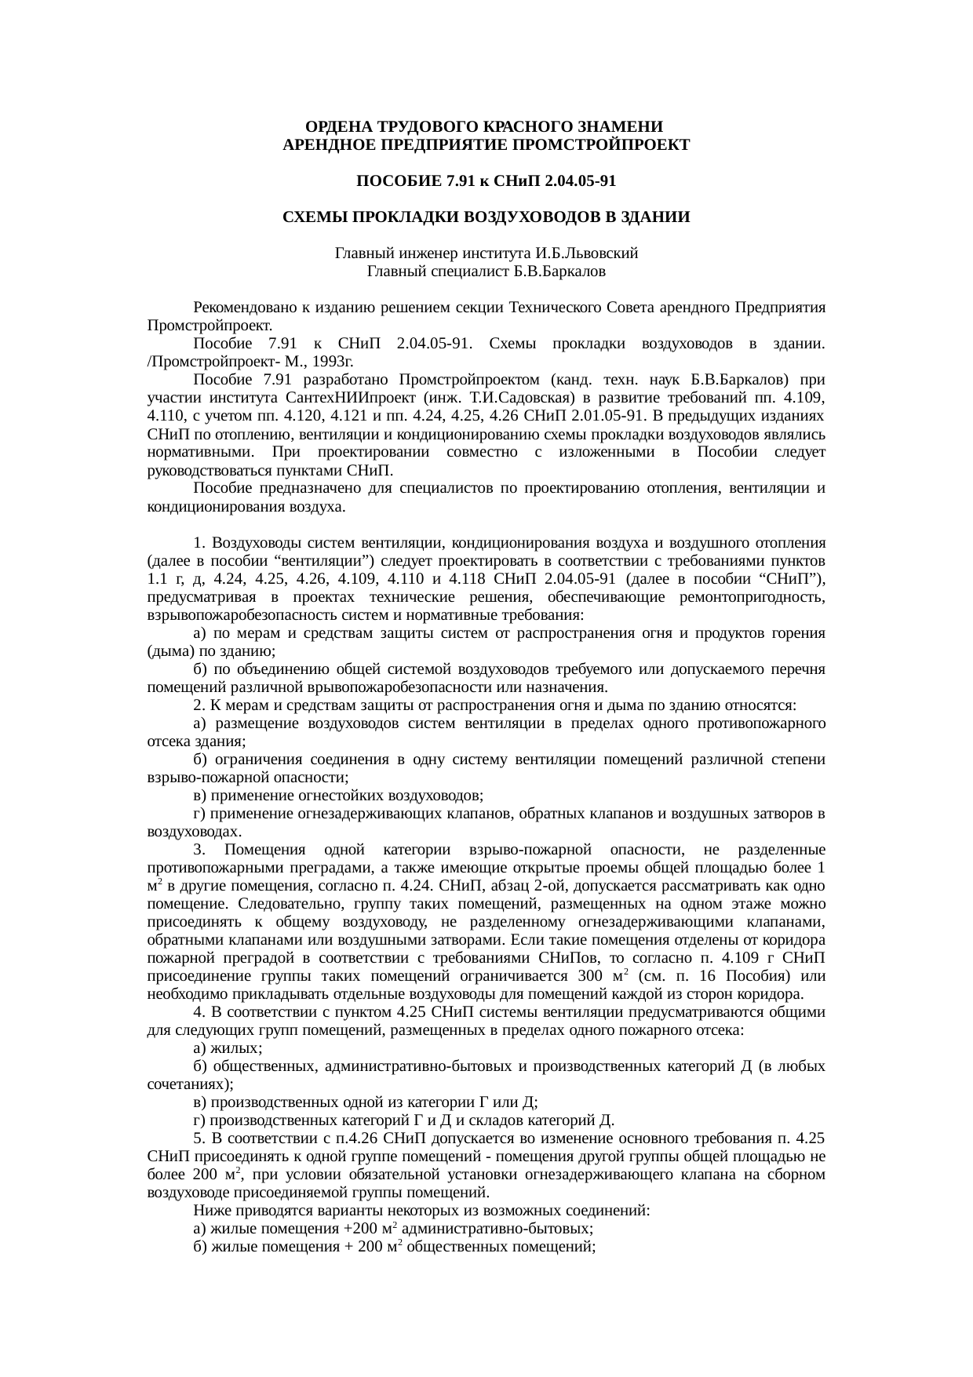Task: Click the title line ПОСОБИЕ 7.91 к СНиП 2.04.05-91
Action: [486, 182]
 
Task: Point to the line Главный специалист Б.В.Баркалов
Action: [486, 271]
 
